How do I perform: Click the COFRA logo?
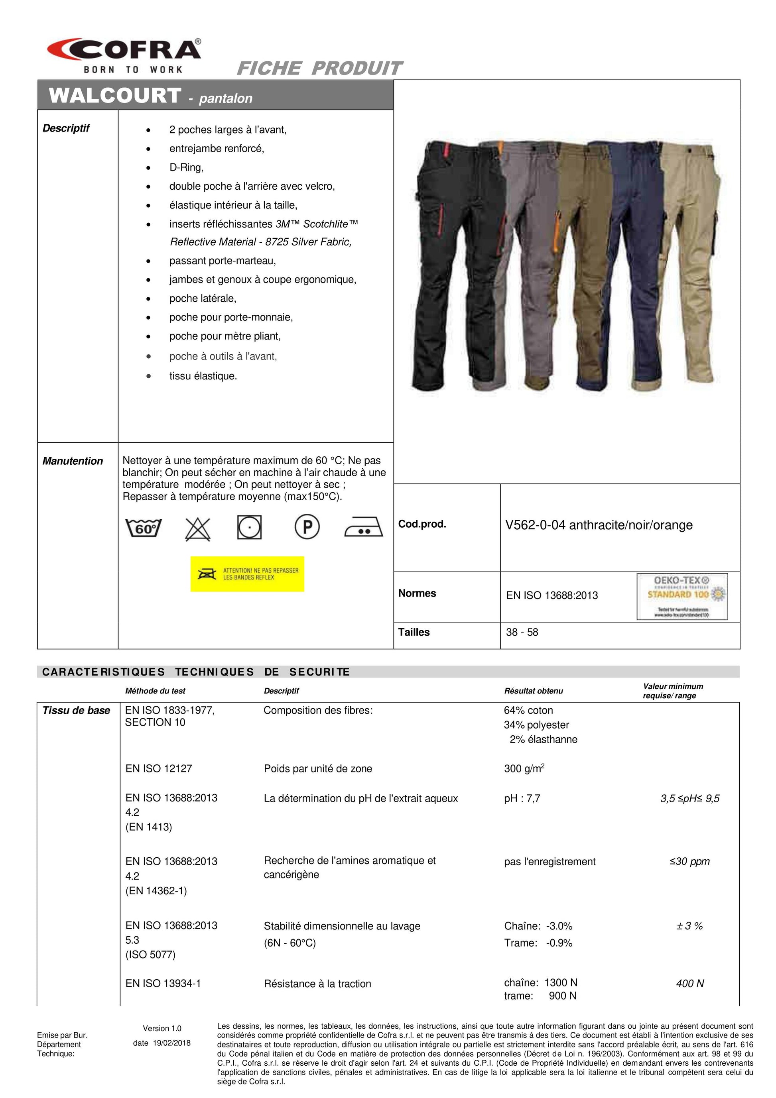124,55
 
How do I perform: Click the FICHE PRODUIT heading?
319,69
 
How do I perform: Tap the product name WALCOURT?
115,96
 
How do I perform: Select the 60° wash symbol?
144,528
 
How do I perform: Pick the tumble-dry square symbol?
249,527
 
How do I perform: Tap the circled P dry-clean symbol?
307,527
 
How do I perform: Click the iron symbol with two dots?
364,528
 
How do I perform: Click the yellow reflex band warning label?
247,574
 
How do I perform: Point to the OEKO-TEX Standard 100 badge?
682,596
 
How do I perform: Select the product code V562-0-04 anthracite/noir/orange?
599,525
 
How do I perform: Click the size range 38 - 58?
522,632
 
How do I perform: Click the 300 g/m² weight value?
524,768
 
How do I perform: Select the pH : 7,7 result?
522,798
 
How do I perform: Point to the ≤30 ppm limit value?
689,861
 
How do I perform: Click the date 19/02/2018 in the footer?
162,1043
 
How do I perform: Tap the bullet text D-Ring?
186,167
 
